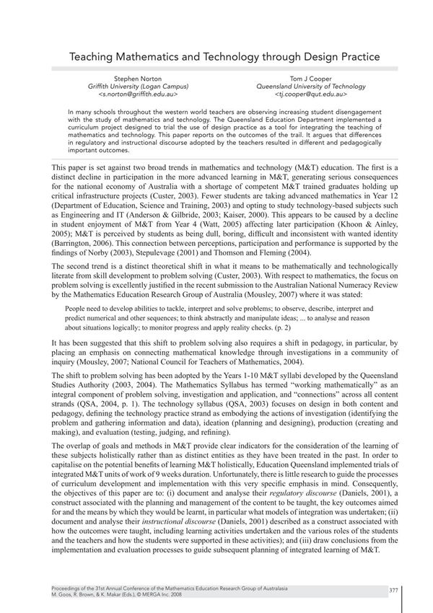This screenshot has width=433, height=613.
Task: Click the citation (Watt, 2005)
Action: (x=216, y=227)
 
